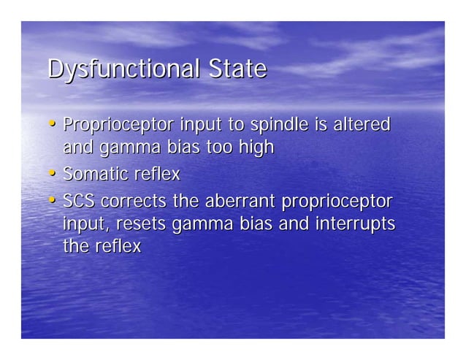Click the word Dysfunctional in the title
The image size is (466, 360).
tap(121, 69)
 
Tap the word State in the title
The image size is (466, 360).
tap(237, 69)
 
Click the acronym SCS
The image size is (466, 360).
tap(79, 201)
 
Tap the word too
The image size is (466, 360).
tap(218, 148)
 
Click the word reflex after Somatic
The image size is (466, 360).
tap(156, 175)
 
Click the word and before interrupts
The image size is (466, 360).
tap(294, 223)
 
